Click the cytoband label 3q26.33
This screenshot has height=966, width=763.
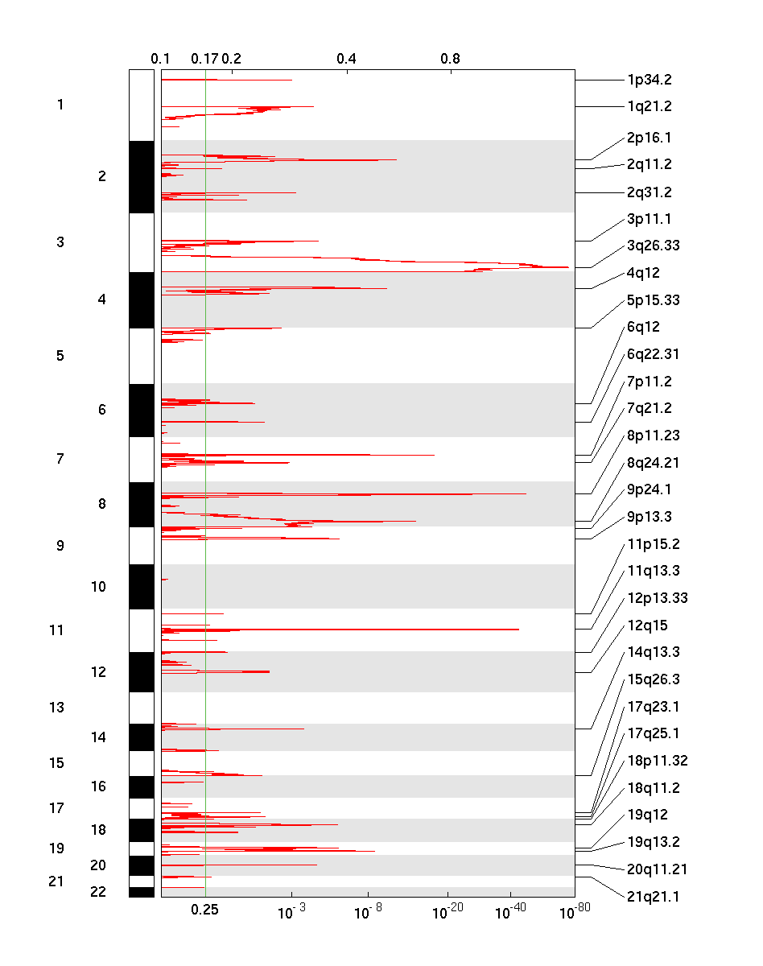tap(653, 246)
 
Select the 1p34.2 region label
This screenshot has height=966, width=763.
tap(649, 80)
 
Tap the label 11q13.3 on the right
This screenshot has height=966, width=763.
tap(653, 572)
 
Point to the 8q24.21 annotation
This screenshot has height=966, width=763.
tap(653, 463)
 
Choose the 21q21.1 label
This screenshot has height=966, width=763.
tap(653, 896)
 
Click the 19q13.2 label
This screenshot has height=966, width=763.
tap(653, 842)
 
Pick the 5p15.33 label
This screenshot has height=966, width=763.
tap(653, 300)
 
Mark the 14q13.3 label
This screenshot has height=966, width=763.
tap(653, 652)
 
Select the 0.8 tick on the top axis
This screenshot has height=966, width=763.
tap(451, 59)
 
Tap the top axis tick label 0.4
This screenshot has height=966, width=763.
tap(347, 59)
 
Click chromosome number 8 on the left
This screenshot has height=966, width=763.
tap(101, 505)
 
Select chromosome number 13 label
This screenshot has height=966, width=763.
tap(56, 708)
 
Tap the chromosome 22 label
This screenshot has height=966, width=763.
tap(98, 891)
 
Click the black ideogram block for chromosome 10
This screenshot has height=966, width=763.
tap(142, 587)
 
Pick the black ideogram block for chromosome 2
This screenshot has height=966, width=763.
tap(142, 177)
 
